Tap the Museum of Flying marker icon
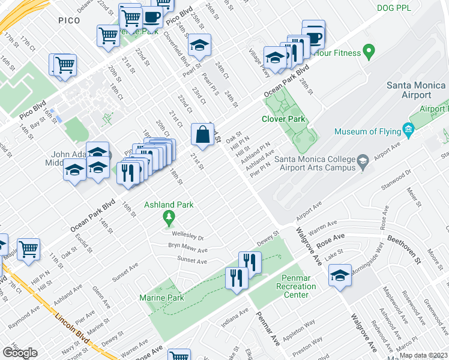pos(409,129)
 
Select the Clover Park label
pos(284,119)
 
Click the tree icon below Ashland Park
pos(169,217)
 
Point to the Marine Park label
pos(161,298)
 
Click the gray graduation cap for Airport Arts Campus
pos(363,161)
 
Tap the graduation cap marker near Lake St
pos(340,275)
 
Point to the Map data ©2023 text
pos(423,355)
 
